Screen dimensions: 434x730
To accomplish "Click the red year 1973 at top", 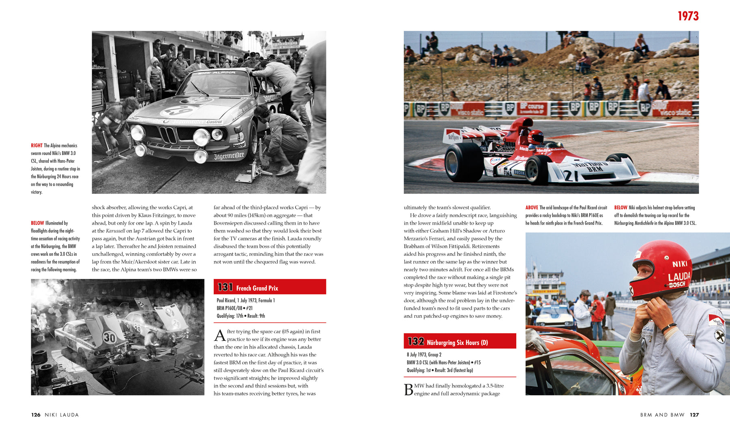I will click(x=688, y=16).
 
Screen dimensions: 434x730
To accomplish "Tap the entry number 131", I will click(x=225, y=287).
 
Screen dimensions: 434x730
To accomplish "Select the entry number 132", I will click(x=416, y=342).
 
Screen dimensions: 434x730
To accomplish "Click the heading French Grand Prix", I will click(x=257, y=288).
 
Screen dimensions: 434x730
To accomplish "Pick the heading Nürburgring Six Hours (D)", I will click(x=457, y=343).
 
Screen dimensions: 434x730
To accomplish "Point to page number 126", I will click(x=36, y=415).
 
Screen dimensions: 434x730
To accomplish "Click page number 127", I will click(x=694, y=415).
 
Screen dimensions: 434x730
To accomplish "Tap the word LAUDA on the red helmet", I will click(x=679, y=277).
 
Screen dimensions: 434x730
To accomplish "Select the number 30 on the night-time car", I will click(x=109, y=337).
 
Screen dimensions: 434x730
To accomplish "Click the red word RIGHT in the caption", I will click(x=36, y=145).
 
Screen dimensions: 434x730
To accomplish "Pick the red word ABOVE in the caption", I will click(x=532, y=207).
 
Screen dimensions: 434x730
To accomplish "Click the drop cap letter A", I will click(x=219, y=336).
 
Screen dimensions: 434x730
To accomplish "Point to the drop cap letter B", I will click(x=408, y=389).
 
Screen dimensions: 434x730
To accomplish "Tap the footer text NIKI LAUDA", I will click(x=62, y=415).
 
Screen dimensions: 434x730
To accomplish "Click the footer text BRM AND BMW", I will click(x=662, y=415).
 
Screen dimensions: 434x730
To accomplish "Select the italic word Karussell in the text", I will click(x=116, y=231).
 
